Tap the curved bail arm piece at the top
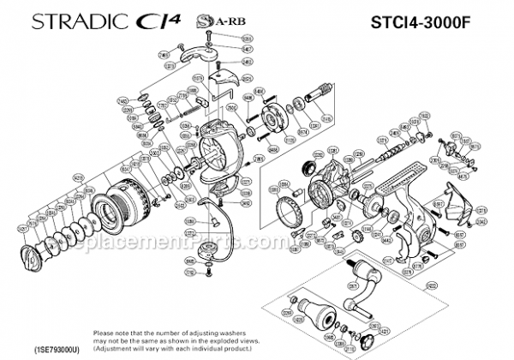tap(198, 55)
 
